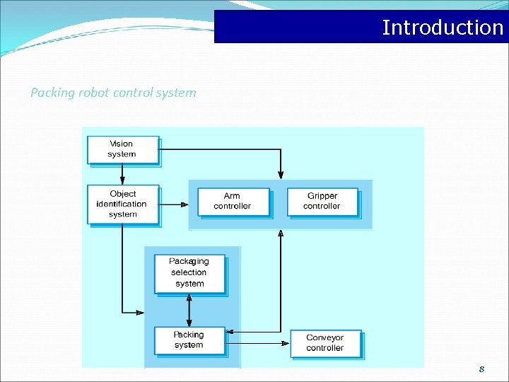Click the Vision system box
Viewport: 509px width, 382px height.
(122, 149)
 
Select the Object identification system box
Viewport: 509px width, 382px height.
(123, 204)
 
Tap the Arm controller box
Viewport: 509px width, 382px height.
(233, 201)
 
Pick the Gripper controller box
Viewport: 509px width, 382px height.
(322, 201)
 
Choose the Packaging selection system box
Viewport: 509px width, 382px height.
(189, 273)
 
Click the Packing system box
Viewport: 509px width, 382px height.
(189, 340)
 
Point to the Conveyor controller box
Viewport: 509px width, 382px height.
(325, 343)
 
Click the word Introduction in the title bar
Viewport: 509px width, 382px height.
(443, 28)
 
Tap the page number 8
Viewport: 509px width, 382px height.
(481, 369)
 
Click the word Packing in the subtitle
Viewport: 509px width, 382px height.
(52, 93)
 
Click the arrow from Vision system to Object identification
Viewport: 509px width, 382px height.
(122, 174)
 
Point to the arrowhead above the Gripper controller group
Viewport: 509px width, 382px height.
(281, 175)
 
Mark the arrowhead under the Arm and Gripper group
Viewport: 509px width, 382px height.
(281, 234)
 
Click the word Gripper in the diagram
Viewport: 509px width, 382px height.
(322, 196)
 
